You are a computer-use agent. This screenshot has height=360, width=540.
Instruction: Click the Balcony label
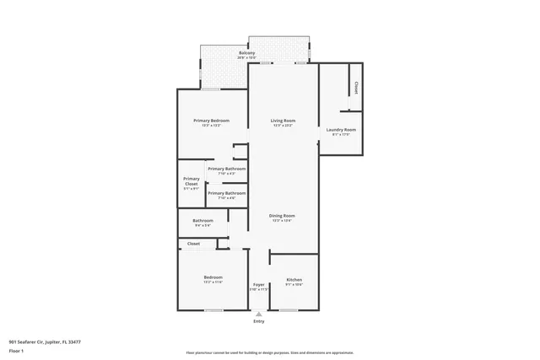[x=246, y=53]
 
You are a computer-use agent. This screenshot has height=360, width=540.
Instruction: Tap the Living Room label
[x=282, y=121]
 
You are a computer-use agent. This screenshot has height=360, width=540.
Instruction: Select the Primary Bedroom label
[x=211, y=121]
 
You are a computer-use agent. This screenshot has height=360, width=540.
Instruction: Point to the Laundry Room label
[x=341, y=129]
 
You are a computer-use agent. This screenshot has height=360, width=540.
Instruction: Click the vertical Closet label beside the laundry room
[x=356, y=87]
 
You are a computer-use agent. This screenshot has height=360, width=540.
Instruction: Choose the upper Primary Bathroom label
[x=226, y=169]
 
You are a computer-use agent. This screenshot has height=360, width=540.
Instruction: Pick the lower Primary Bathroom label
[x=226, y=193]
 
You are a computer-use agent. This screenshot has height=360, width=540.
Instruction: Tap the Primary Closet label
[x=192, y=180]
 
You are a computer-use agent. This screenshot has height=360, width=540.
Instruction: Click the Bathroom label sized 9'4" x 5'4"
[x=202, y=221]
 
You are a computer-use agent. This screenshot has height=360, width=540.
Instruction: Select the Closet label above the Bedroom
[x=193, y=244]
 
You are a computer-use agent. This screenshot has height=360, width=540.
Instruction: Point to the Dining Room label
[x=282, y=216]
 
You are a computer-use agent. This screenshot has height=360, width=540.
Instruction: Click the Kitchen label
[x=294, y=280]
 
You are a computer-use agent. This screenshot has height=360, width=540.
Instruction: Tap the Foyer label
[x=259, y=285]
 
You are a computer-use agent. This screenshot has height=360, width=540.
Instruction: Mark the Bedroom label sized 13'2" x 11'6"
[x=213, y=277]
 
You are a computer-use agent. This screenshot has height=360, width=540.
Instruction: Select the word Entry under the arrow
[x=259, y=321]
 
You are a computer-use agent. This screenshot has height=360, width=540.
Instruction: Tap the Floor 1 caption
[x=16, y=350]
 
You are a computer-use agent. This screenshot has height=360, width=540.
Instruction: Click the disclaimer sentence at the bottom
[x=269, y=352]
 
